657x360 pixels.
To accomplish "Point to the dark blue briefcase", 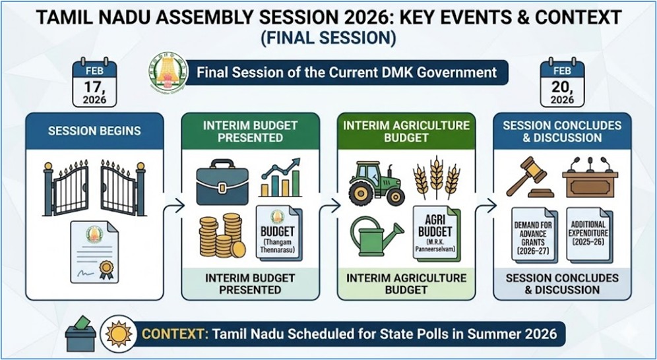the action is tap(222, 182).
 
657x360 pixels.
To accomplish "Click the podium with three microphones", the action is tap(590, 177).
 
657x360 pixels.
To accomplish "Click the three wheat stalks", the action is tap(437, 177).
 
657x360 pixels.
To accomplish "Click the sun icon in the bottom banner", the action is tap(119, 334).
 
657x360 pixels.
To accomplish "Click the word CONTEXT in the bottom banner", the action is tap(175, 334).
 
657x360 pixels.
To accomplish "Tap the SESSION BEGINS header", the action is tap(94, 131).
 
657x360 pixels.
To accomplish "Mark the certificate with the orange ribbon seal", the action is tap(94, 252).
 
